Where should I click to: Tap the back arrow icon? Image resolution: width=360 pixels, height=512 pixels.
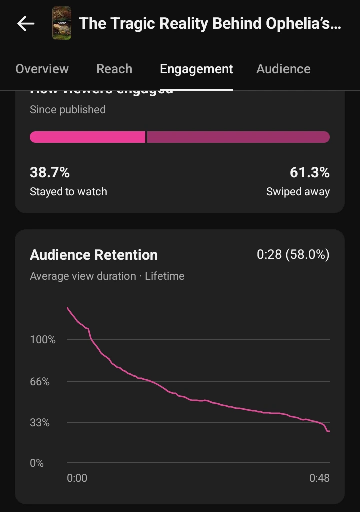[26, 23]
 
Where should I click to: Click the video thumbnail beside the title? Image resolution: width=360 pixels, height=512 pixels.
[62, 23]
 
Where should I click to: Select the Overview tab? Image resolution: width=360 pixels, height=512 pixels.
[42, 69]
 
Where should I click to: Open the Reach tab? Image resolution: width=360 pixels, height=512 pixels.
[114, 69]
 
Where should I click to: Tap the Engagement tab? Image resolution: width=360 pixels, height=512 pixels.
[196, 69]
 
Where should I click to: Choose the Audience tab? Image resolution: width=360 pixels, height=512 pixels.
[283, 69]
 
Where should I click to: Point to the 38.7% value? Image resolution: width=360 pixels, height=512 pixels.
[50, 172]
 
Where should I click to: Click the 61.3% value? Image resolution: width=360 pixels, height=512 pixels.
[309, 172]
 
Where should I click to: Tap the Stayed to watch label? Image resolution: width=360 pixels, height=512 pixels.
[68, 191]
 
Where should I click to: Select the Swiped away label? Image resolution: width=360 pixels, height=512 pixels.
[298, 191]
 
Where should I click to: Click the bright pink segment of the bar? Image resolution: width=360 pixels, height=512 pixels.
[87, 137]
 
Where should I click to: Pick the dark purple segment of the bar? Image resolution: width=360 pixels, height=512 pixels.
[238, 137]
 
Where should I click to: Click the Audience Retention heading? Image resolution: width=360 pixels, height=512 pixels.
[94, 255]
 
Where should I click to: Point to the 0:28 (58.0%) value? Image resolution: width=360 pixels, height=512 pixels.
[293, 255]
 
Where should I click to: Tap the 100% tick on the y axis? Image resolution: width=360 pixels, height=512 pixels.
[43, 340]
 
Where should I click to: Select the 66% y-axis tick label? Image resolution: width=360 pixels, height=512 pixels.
[40, 382]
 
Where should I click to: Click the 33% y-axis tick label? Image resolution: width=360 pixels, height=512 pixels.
[40, 423]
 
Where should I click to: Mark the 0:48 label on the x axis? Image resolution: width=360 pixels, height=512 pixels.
[319, 478]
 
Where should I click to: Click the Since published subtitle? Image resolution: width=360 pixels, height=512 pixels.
[68, 110]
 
